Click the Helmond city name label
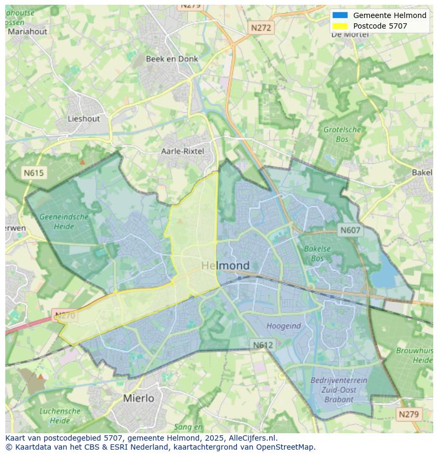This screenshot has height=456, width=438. coord(225,265)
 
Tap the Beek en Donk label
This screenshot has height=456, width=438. coord(172,59)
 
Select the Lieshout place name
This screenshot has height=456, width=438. coord(84,119)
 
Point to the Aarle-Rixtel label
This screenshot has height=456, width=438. coord(182,151)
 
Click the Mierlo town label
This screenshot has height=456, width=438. coord(139,398)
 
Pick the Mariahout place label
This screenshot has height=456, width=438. coord(28,31)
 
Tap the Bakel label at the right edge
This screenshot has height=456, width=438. coord(422,173)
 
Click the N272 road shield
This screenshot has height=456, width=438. coord(261,28)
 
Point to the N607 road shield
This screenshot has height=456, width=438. coord(350,230)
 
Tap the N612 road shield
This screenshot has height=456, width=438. coord(263,345)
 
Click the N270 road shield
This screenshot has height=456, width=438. coord(65,316)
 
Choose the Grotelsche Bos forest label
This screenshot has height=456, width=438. coord(342,134)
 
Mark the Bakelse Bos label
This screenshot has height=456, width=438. coord(317,253)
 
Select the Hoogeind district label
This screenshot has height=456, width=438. coord(284,326)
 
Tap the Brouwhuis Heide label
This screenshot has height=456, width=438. coord(415,355)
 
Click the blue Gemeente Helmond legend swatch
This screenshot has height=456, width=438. coord(340,15)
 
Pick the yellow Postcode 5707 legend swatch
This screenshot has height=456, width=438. coord(340,26)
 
